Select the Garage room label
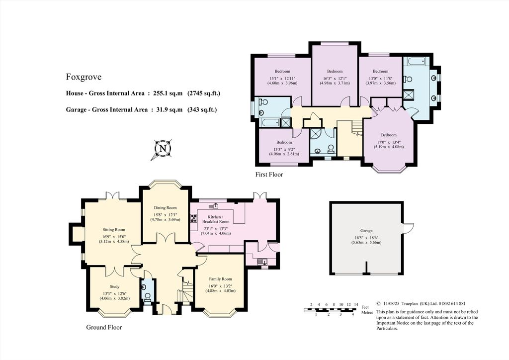[x=366, y=231]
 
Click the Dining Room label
[x=165, y=208]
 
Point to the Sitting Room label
[x=113, y=230]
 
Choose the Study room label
[x=112, y=286]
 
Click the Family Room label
[x=220, y=279]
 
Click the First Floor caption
[x=269, y=175]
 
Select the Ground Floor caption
[x=104, y=327]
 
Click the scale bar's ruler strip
[x=331, y=310]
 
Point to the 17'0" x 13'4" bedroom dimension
[x=389, y=141]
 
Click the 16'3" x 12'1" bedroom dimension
[x=335, y=78]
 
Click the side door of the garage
[x=408, y=228]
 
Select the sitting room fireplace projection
[x=76, y=234]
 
